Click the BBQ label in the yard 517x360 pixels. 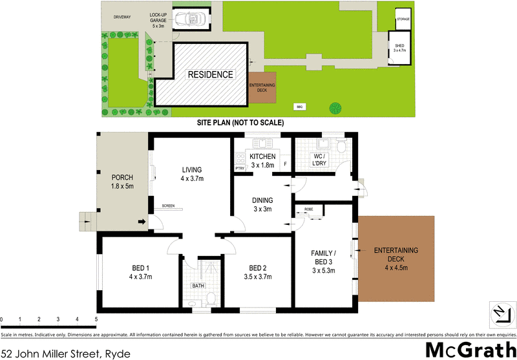(299, 105)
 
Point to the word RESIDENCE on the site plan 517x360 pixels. (211, 75)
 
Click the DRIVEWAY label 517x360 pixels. (123, 17)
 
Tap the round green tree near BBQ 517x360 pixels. (335, 107)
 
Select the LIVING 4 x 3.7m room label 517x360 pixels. (192, 175)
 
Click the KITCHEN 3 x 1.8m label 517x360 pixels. (262, 161)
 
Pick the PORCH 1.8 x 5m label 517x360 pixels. (122, 182)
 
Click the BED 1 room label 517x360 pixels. (140, 273)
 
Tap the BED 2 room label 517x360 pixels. (258, 273)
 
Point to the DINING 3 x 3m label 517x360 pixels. (262, 204)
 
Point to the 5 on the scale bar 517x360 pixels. (96, 320)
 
